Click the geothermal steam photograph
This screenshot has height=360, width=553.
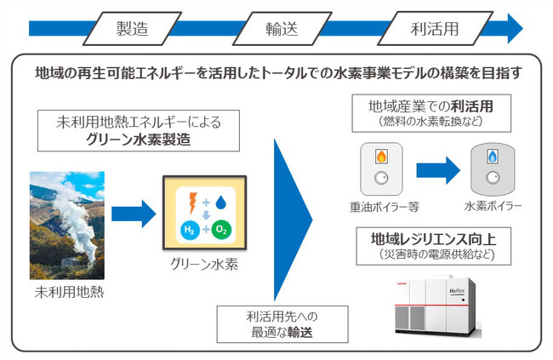click(x=67, y=225)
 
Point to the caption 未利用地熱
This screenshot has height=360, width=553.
click(x=67, y=294)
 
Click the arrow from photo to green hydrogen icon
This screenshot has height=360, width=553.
click(x=134, y=211)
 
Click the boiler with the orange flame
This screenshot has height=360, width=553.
click(x=383, y=169)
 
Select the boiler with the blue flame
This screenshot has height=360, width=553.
click(x=493, y=168)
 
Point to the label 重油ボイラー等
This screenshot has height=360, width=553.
click(x=384, y=207)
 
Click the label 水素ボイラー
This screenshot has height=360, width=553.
click(x=493, y=207)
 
